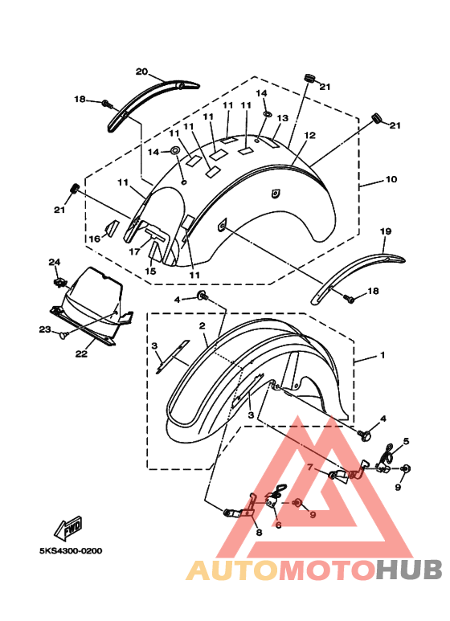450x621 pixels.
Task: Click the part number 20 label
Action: coord(141,71)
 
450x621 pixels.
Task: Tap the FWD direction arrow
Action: coord(68,529)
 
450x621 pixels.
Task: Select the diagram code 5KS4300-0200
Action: coord(71,551)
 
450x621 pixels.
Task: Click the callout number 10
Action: coord(391,179)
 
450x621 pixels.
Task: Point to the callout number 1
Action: coord(382,355)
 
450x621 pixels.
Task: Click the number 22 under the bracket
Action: coord(81,353)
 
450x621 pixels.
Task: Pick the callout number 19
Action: coord(386,231)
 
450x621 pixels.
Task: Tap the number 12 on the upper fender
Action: coord(309,135)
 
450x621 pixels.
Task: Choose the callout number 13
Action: coord(282,118)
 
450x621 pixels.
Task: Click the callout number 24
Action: coord(55,262)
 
